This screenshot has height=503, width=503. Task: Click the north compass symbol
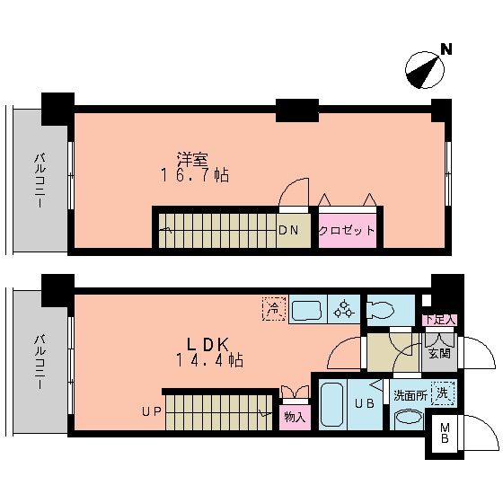click(x=425, y=70)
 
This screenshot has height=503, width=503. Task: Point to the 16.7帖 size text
click(x=194, y=176)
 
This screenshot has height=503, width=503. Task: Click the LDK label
click(x=211, y=344)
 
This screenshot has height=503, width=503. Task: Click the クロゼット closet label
click(x=347, y=230)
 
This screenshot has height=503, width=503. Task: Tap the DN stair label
click(x=288, y=230)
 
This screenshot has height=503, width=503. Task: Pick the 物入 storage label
click(x=294, y=416)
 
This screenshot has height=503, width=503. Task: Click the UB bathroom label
click(x=364, y=403)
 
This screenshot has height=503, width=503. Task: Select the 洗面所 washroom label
click(x=408, y=394)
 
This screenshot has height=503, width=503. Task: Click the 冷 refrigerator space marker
click(x=273, y=309)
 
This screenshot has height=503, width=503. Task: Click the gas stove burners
click(x=342, y=310)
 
